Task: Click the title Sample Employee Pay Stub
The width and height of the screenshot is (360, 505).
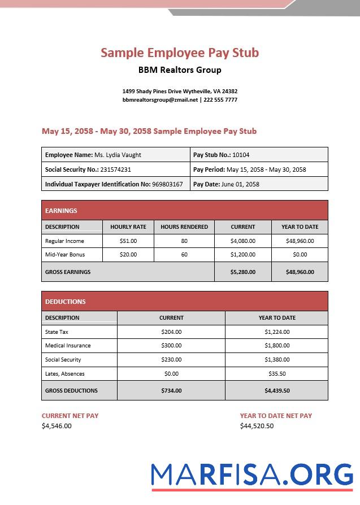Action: tap(180, 53)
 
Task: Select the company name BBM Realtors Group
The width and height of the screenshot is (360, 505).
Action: tap(180, 70)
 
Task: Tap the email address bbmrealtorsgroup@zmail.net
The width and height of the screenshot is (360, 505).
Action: tap(160, 100)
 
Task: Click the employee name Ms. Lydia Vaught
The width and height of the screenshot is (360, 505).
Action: tap(118, 155)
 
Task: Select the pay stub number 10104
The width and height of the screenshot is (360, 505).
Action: tap(241, 155)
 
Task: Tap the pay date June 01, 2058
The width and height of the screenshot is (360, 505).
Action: tap(240, 184)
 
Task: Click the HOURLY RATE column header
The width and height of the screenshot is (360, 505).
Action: tap(128, 227)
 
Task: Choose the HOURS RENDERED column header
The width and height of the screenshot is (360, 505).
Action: tap(184, 227)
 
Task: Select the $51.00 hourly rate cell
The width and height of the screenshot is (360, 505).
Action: tap(128, 241)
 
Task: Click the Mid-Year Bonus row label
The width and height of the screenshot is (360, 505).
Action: tap(62, 255)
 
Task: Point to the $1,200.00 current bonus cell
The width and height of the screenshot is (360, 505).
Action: tap(243, 255)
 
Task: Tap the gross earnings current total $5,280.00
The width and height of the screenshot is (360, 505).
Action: tap(243, 272)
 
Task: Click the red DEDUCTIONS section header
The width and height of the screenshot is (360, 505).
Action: tap(184, 302)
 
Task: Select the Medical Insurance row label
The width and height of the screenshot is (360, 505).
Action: tap(68, 346)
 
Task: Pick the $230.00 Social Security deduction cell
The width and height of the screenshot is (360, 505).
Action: tap(171, 360)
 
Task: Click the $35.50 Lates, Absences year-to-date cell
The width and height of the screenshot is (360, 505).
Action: tap(277, 374)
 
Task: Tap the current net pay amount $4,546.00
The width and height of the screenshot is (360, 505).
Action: tap(57, 426)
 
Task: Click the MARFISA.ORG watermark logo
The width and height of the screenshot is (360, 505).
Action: tap(252, 474)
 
